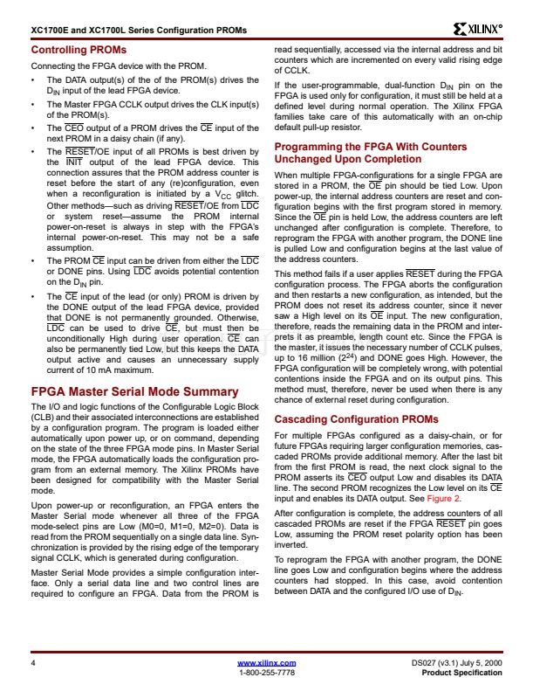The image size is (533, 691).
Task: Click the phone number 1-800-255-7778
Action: coord(266,673)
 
